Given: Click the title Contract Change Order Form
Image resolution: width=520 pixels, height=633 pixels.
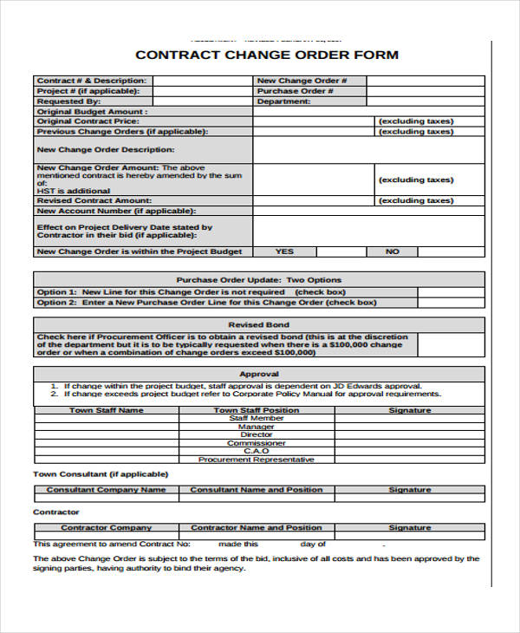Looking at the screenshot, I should tap(260, 55).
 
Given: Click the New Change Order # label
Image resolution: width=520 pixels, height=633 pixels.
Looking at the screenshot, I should tap(302, 81).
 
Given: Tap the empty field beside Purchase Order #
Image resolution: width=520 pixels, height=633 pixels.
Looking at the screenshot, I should tap(425, 91).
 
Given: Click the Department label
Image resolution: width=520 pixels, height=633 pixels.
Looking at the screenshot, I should tap(283, 101).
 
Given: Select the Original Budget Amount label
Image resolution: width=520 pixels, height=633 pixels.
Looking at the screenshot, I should tap(92, 112).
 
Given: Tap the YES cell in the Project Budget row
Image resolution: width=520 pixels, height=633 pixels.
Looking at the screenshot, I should tap(284, 251).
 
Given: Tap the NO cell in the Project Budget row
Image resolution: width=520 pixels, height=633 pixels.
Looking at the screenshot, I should tap(393, 251).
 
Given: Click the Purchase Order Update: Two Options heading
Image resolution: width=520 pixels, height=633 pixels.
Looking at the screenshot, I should tap(259, 280).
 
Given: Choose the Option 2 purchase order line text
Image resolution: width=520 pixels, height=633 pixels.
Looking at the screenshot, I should tap(206, 303).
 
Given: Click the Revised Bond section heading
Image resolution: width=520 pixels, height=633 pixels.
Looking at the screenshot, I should tap(259, 323).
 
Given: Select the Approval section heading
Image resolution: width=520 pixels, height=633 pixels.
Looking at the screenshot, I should tap(259, 375).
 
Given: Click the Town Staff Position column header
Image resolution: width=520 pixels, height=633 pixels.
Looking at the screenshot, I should tap(257, 410).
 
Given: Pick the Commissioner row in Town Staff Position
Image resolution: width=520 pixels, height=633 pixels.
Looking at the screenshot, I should tap(257, 443).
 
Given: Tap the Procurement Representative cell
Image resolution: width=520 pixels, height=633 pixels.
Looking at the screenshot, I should tap(257, 460).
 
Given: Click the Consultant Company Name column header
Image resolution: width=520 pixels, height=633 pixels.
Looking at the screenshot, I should tap(106, 490).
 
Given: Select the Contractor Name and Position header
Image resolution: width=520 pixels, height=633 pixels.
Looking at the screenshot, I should tap(257, 527).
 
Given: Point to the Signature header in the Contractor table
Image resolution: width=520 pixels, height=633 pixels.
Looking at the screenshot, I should tap(410, 527).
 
